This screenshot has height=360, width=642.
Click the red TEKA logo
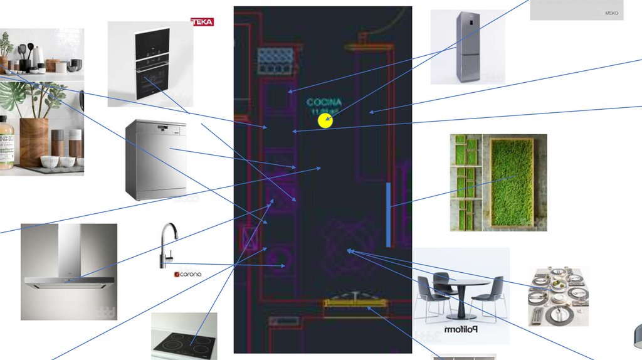click(x=202, y=22)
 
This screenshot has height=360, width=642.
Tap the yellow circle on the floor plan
click(x=325, y=120)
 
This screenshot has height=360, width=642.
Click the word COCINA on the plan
click(x=324, y=102)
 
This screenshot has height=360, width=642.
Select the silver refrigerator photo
click(x=468, y=46)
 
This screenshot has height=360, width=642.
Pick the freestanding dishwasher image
click(x=155, y=159)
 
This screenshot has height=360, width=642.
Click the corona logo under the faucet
click(x=187, y=275)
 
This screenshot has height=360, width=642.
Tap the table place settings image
click(x=557, y=297)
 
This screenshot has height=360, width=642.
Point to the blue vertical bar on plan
click(x=389, y=214)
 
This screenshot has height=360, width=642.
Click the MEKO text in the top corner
click(x=611, y=13)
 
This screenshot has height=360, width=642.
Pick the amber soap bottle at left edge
click(x=6, y=144)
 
